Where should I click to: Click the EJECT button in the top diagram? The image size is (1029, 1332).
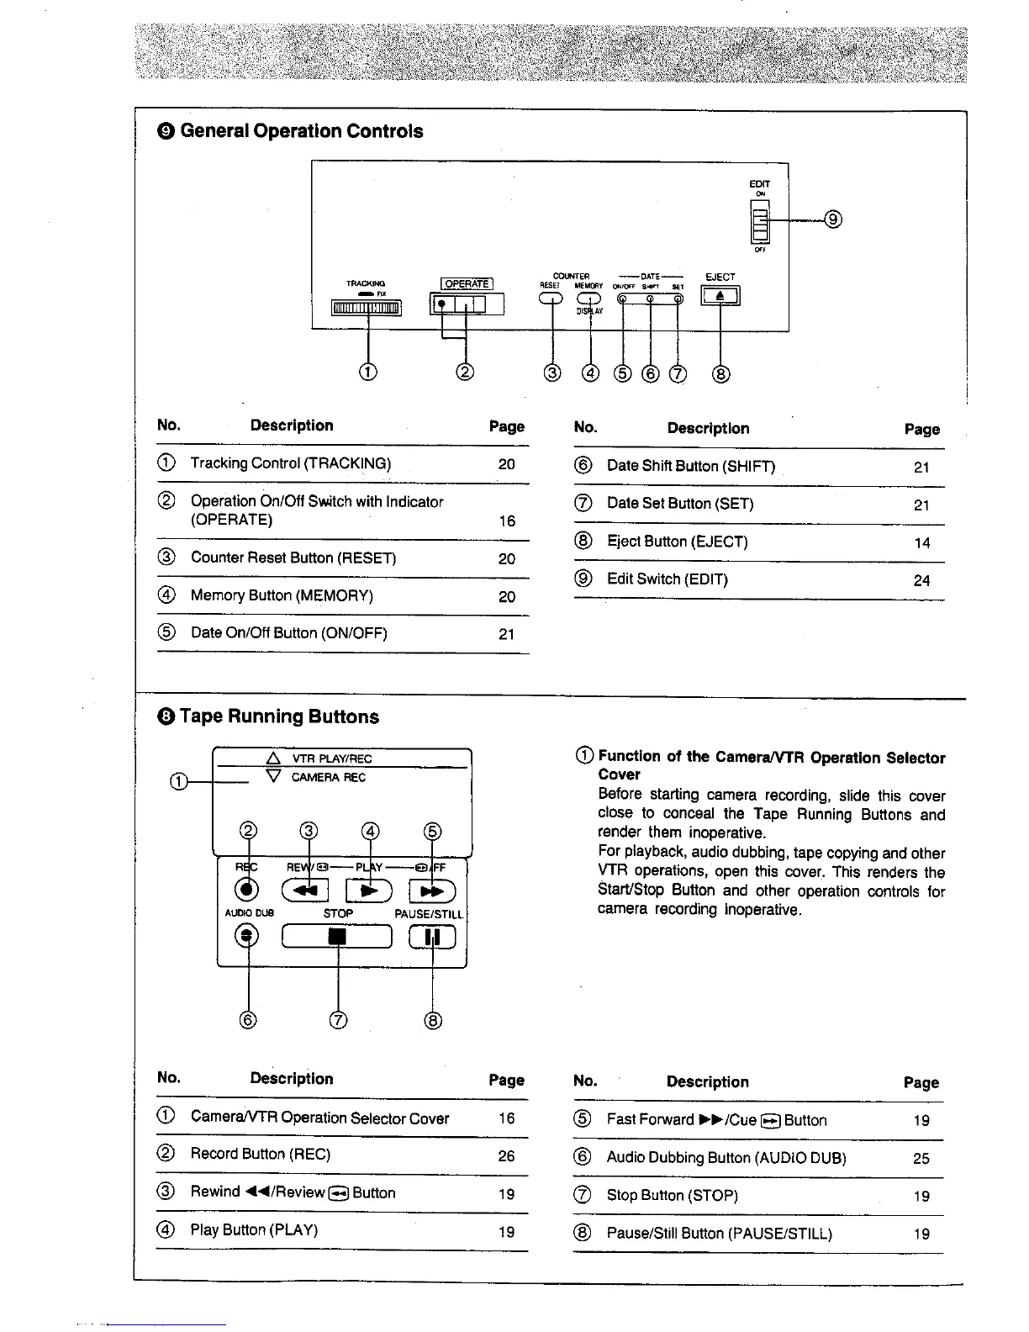pos(720,296)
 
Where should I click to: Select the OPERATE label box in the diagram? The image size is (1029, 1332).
pos(467,283)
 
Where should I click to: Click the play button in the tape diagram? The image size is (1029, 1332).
pos(370,890)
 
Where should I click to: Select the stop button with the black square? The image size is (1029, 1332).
pos(337,936)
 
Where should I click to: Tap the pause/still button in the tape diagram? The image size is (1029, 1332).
pos(432,936)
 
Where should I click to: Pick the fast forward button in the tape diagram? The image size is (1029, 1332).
pos(432,890)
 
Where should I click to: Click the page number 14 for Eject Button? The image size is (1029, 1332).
pos(922,543)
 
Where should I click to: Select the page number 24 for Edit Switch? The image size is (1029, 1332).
pos(922,580)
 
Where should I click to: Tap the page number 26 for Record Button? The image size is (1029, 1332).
pos(506,1156)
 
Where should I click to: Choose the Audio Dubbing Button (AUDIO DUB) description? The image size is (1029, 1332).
pos(726,1158)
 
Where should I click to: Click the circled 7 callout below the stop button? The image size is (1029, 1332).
pos(338,1021)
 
